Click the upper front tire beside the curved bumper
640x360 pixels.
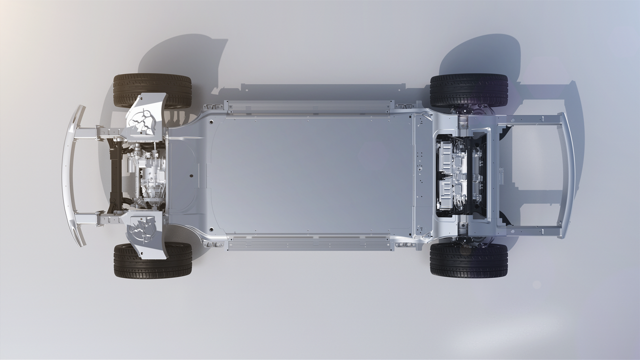(x=152, y=90)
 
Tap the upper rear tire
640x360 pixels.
(x=468, y=90)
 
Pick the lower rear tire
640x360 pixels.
(x=468, y=260)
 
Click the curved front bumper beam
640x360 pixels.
(x=70, y=175)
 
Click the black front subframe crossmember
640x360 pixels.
(x=115, y=175)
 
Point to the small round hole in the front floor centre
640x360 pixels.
(x=191, y=176)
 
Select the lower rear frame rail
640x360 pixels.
(x=530, y=230)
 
